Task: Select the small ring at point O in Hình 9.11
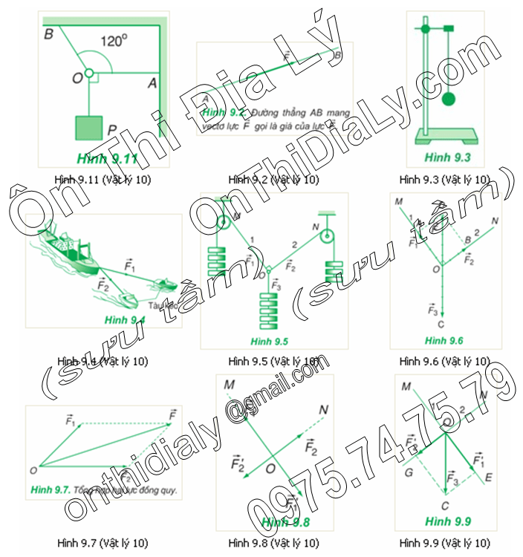click(x=88, y=74)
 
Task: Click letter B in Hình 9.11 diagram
click(x=48, y=33)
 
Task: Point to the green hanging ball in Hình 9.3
click(x=449, y=99)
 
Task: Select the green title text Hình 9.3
click(x=444, y=157)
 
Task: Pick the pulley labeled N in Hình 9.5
click(x=326, y=237)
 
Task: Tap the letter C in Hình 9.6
click(x=442, y=323)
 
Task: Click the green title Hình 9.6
click(x=444, y=340)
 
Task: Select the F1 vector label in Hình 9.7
click(x=71, y=420)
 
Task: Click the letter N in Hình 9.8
click(x=323, y=410)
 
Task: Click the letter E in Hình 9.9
click(x=488, y=478)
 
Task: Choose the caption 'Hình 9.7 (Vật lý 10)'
click(x=105, y=542)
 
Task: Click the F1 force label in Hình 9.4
click(x=129, y=264)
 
